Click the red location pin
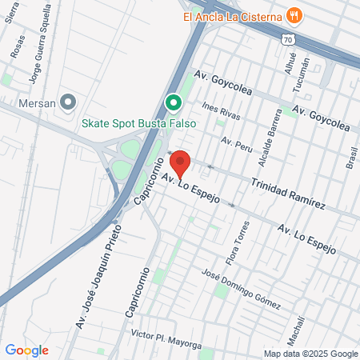(x=180, y=163)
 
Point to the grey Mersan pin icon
(x=68, y=102)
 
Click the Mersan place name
(x=36, y=102)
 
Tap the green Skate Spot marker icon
(x=171, y=103)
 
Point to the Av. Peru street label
(x=237, y=144)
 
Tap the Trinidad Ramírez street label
(x=288, y=193)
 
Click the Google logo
(x=26, y=350)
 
